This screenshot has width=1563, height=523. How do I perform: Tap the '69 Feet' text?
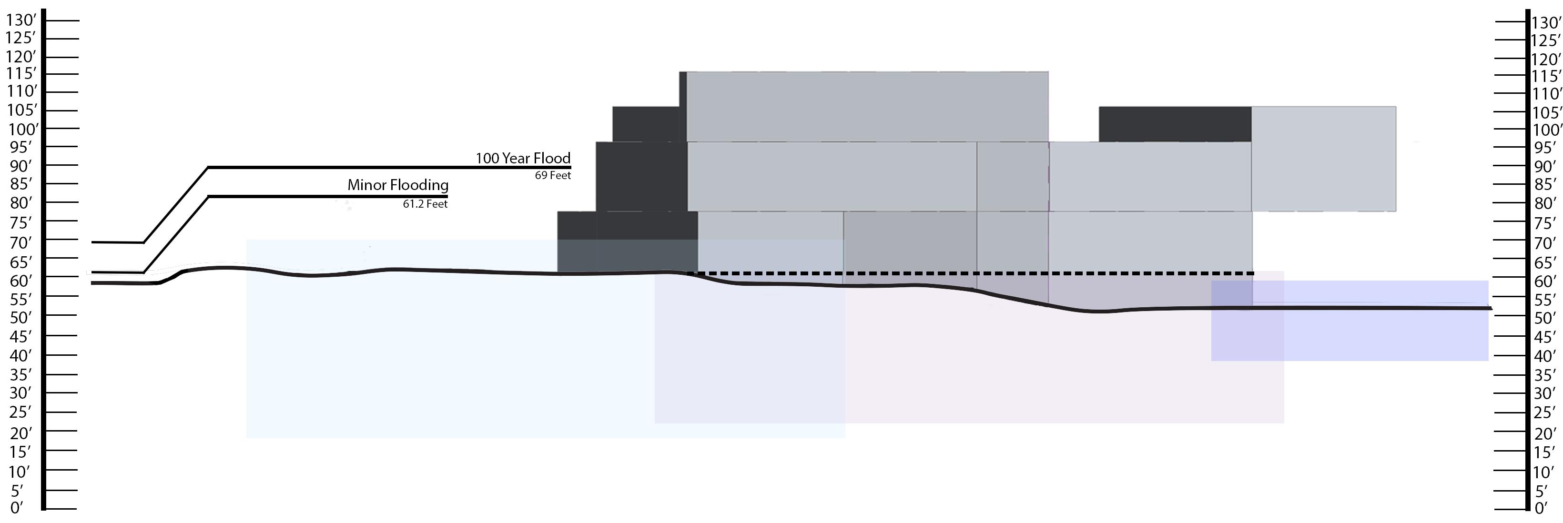(x=552, y=175)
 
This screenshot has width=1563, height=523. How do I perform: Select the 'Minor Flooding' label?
(x=397, y=185)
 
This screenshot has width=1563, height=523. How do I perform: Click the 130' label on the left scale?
(x=20, y=20)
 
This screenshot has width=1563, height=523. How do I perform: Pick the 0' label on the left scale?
(x=16, y=507)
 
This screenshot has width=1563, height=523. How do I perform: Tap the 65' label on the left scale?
(x=20, y=262)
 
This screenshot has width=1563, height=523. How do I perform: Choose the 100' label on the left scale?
(x=22, y=129)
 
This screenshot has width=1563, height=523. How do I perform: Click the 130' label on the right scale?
(x=1545, y=23)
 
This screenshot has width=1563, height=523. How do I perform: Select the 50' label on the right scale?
(x=1545, y=318)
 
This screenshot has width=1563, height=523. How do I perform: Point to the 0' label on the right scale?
(x=1541, y=508)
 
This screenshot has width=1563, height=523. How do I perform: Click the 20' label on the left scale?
(x=20, y=433)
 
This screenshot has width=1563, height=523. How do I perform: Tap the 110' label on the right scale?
(x=1545, y=94)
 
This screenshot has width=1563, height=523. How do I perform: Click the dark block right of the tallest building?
(x=1175, y=124)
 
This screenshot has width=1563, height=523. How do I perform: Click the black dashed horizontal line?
(x=971, y=273)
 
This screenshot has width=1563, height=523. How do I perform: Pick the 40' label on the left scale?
(x=20, y=355)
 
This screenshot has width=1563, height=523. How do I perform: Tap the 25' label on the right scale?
(x=1545, y=412)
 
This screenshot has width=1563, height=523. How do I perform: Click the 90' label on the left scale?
(x=20, y=166)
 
